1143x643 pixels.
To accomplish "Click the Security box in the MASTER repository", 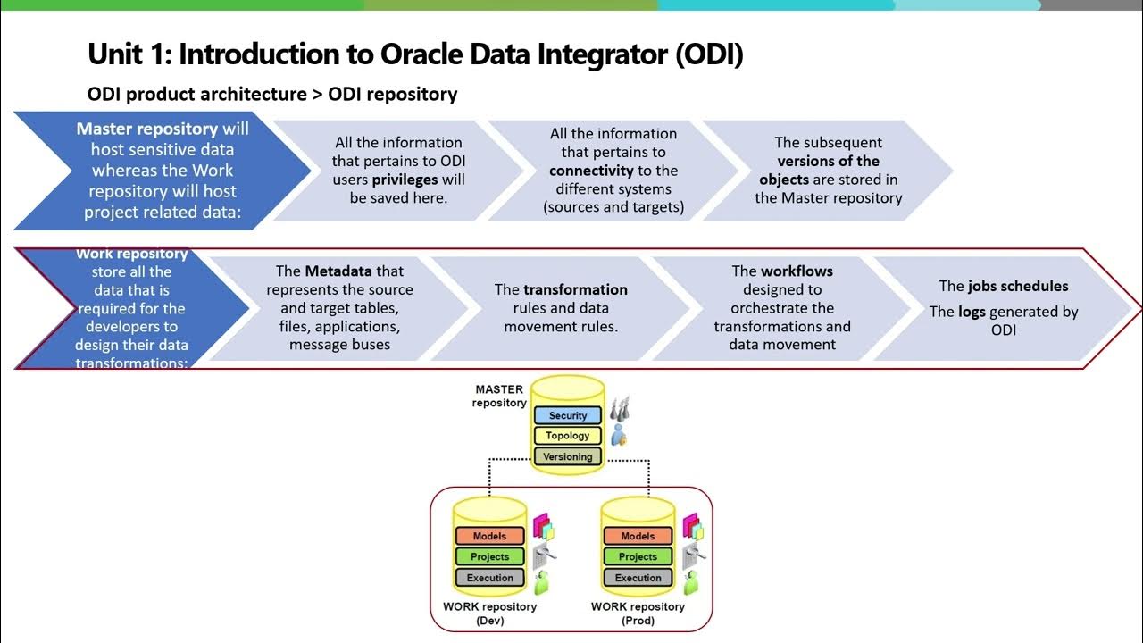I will pyautogui.click(x=568, y=415).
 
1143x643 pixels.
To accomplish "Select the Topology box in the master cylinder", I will pyautogui.click(x=568, y=436).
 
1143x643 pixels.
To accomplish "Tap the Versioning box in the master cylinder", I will pyautogui.click(x=568, y=456).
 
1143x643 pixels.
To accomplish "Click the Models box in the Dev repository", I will pyautogui.click(x=489, y=536).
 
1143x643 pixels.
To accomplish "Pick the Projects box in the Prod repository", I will pyautogui.click(x=638, y=556).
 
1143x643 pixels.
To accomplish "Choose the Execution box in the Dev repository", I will pyautogui.click(x=489, y=578).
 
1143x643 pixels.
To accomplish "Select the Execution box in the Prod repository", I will pyautogui.click(x=638, y=578).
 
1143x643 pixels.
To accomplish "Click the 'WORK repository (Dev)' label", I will pyautogui.click(x=490, y=613).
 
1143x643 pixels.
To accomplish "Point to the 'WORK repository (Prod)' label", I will pyautogui.click(x=638, y=613).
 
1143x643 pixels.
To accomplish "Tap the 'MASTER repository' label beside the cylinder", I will pyautogui.click(x=500, y=396).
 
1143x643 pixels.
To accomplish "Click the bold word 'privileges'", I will pyautogui.click(x=405, y=180).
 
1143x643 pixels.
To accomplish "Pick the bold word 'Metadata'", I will pyautogui.click(x=338, y=271).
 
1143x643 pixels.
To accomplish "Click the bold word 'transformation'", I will pyautogui.click(x=575, y=289).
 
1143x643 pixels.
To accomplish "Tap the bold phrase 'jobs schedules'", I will pyautogui.click(x=1018, y=286).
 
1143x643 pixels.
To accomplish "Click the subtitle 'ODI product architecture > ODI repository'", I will pyautogui.click(x=272, y=94).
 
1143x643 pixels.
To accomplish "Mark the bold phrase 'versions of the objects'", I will pyautogui.click(x=828, y=170).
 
